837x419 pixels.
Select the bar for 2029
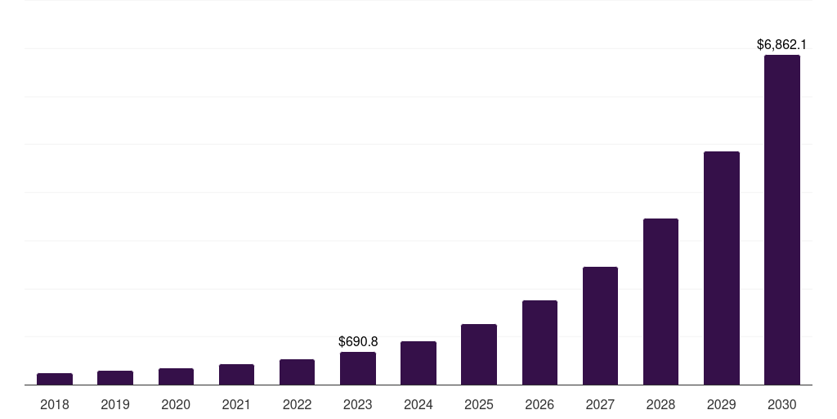pyautogui.click(x=721, y=268)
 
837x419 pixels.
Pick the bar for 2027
pyautogui.click(x=600, y=326)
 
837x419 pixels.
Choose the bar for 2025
pyautogui.click(x=479, y=354)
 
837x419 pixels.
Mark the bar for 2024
pyautogui.click(x=418, y=363)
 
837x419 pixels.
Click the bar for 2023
pyautogui.click(x=358, y=368)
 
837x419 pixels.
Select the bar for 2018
pyautogui.click(x=55, y=379)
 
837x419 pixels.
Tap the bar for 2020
pyautogui.click(x=176, y=376)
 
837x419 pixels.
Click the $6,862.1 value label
pyautogui.click(x=781, y=44)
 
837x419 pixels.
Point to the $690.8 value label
pyautogui.click(x=358, y=341)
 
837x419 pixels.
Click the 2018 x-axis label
pyautogui.click(x=55, y=404)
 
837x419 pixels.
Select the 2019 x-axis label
pyautogui.click(x=115, y=404)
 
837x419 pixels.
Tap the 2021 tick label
pyautogui.click(x=236, y=404)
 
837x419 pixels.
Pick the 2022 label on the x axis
pyautogui.click(x=297, y=404)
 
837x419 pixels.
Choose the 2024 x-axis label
pyautogui.click(x=418, y=404)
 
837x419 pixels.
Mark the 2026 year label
pyautogui.click(x=539, y=404)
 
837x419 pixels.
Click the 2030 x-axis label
pyautogui.click(x=781, y=404)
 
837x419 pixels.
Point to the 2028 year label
pyautogui.click(x=660, y=404)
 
